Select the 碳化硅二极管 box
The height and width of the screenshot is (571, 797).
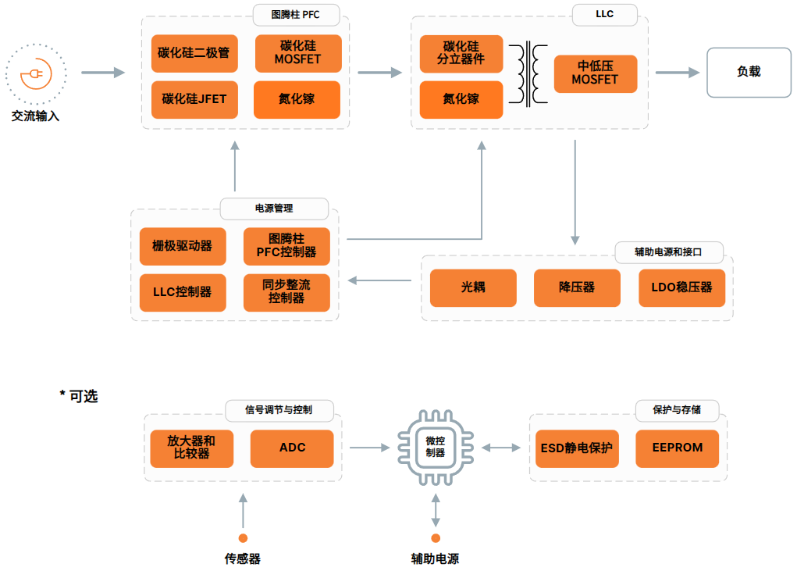(x=194, y=53)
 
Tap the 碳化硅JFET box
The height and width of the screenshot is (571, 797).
(x=194, y=99)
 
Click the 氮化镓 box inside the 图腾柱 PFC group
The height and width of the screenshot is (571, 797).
(x=297, y=99)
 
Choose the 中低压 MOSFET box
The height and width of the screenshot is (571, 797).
(x=595, y=73)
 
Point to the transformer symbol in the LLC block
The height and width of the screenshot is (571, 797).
(x=528, y=75)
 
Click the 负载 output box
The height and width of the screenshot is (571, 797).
(x=748, y=73)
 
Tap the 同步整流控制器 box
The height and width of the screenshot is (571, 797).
(x=286, y=292)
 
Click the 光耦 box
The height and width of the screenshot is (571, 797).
(x=473, y=287)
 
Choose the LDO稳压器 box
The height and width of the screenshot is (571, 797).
(x=681, y=287)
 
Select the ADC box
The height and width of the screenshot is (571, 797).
(x=292, y=448)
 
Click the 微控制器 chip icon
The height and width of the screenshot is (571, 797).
(x=435, y=448)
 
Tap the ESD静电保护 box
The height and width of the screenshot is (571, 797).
(x=577, y=448)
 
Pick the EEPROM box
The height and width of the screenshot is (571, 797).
(x=677, y=448)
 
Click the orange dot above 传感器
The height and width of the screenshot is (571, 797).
(x=243, y=537)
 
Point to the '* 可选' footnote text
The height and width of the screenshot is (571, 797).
(x=79, y=397)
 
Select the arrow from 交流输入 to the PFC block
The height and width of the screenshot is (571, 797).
(x=103, y=73)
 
